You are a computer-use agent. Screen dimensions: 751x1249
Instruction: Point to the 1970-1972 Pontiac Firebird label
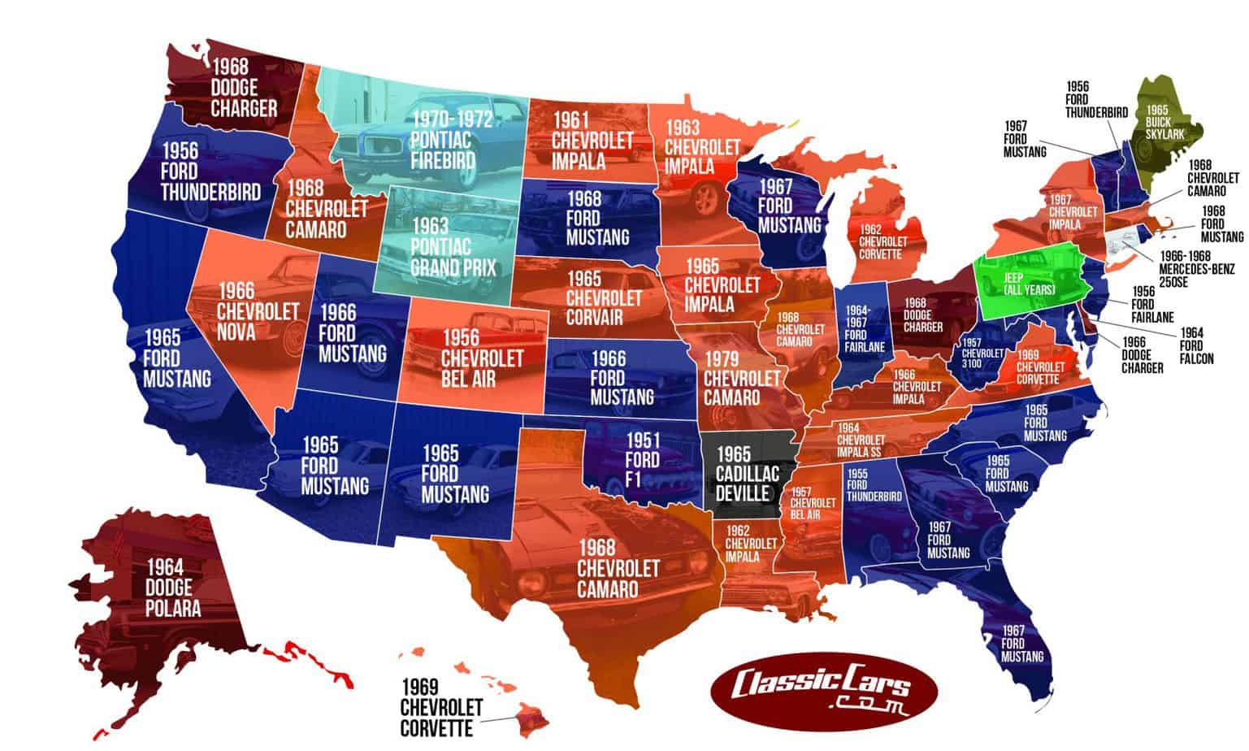pos(452,140)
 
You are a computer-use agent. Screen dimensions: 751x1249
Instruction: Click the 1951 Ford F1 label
pos(642,460)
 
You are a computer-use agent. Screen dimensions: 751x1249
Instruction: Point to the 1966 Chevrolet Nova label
pos(246,311)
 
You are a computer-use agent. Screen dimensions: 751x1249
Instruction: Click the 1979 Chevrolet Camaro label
pos(731,378)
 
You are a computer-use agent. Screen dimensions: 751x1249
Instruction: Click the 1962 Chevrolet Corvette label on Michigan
pos(882,241)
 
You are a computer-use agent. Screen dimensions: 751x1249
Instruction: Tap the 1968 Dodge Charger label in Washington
pos(244,87)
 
